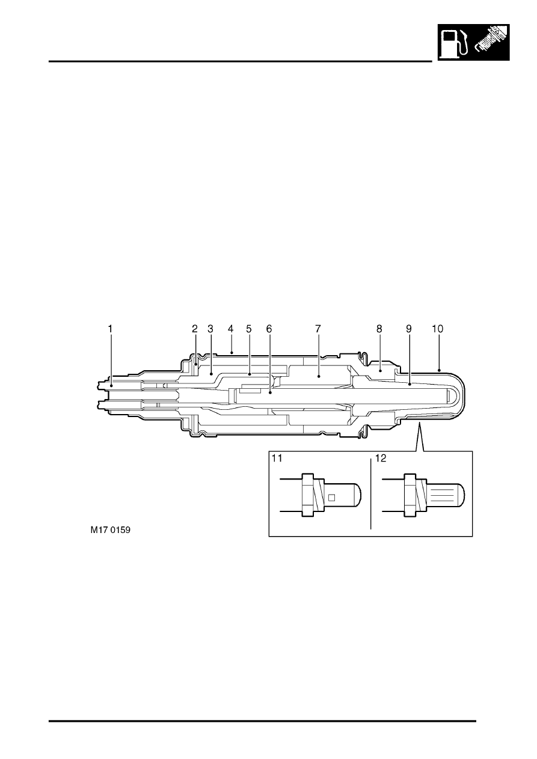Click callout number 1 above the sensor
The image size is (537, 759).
(x=110, y=329)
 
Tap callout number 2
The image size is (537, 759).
(x=195, y=329)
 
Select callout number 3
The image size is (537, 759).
(x=210, y=329)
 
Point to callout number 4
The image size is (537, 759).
(x=230, y=329)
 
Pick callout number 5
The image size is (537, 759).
(x=249, y=329)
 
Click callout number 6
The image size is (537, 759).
(x=269, y=329)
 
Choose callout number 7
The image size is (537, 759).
(x=318, y=329)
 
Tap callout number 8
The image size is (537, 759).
(x=379, y=329)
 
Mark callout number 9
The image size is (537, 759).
(x=408, y=329)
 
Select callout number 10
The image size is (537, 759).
(x=437, y=329)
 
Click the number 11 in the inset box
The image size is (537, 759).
(x=277, y=458)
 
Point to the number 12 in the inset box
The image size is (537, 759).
(x=381, y=458)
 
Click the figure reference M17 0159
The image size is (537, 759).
(x=110, y=530)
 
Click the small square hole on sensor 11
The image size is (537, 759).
(x=332, y=498)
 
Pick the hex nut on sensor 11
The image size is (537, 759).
(x=307, y=495)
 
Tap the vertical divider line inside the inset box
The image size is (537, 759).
(x=371, y=495)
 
